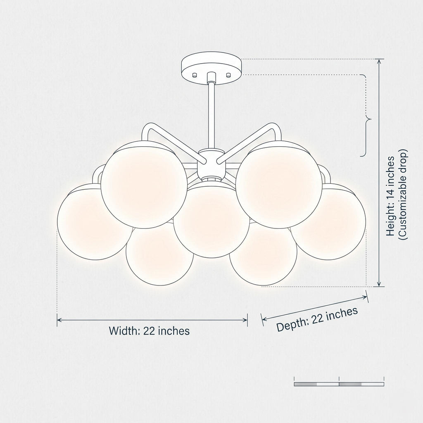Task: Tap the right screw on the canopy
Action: pos(229,75)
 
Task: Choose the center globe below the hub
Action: pos(211,220)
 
